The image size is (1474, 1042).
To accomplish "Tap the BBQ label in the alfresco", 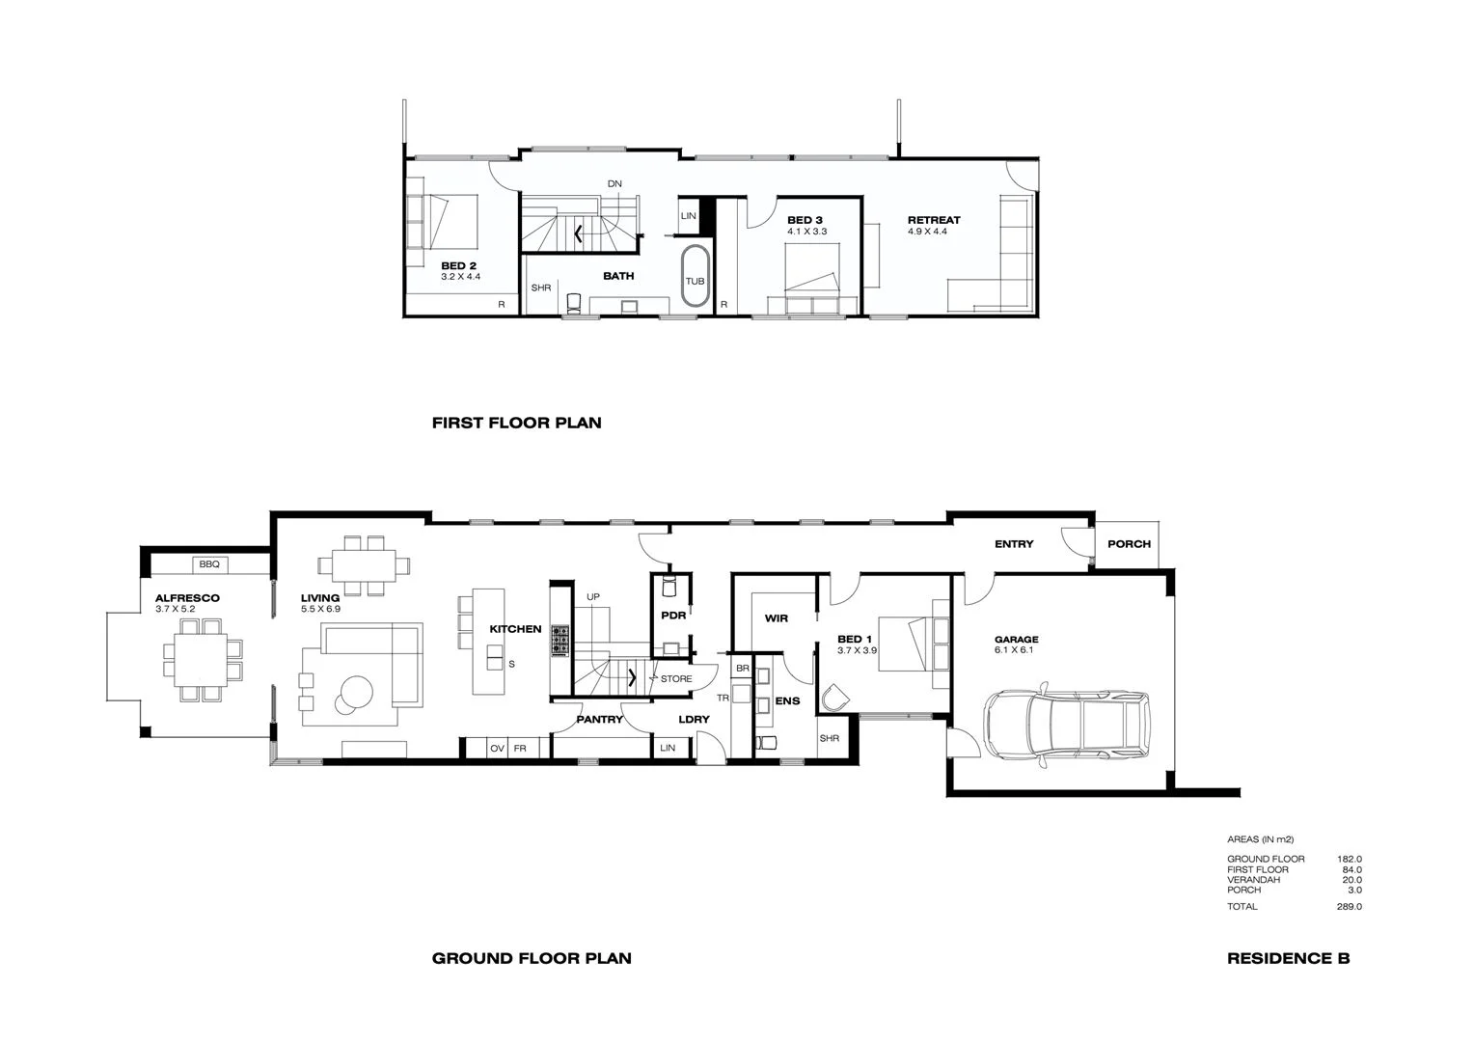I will [x=209, y=563].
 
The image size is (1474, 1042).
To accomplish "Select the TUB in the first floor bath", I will [x=695, y=281].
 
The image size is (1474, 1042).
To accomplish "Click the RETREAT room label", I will [x=934, y=220].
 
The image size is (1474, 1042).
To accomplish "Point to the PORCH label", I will [x=1129, y=544].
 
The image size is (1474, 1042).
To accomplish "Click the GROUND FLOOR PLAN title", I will [x=532, y=958].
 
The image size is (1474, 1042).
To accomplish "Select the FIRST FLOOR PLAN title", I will [x=516, y=423].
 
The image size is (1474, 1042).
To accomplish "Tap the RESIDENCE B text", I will [x=1288, y=958].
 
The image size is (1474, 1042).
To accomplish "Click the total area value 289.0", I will [x=1349, y=907].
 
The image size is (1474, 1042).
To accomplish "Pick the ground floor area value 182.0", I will [x=1349, y=859].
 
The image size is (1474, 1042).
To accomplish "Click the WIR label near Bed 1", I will [x=778, y=618].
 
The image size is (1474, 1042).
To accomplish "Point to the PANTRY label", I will [x=600, y=719].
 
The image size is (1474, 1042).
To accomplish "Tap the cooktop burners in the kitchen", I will [x=560, y=641].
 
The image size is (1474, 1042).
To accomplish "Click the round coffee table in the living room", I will [x=354, y=693].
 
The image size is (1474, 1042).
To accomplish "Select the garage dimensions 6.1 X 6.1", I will [x=1014, y=650].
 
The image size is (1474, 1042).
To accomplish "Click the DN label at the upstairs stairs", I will [x=614, y=183].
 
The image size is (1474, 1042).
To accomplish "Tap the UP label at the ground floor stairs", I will [x=593, y=597].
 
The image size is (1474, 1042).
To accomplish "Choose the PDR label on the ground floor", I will [x=673, y=615].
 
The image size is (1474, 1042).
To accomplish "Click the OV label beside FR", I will [x=498, y=749].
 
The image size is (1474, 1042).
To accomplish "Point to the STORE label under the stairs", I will [x=676, y=679].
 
